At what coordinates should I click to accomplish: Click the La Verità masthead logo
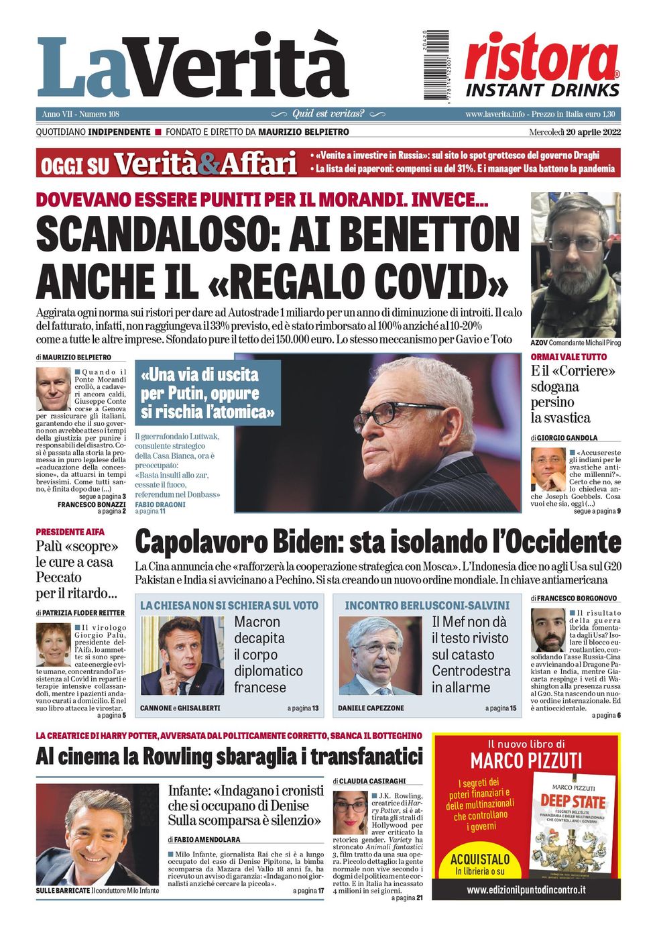click(x=192, y=67)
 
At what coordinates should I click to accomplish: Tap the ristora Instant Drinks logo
click(x=542, y=66)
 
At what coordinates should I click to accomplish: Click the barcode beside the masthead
click(x=436, y=65)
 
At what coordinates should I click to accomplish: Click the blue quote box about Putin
click(x=207, y=393)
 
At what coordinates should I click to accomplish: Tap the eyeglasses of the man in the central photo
click(x=401, y=412)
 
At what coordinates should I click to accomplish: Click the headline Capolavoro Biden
click(x=377, y=542)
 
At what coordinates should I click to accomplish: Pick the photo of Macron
click(x=182, y=655)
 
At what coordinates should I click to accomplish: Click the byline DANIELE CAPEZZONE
click(x=371, y=708)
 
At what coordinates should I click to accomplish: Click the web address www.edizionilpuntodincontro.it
click(x=526, y=889)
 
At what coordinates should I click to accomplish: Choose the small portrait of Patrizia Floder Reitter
click(x=53, y=645)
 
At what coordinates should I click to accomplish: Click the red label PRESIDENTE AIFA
click(x=70, y=532)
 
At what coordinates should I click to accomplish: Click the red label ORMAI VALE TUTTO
click(x=569, y=357)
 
